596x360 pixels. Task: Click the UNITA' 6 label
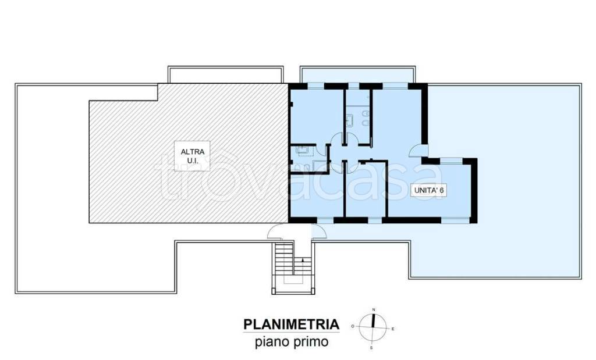pyautogui.click(x=429, y=190)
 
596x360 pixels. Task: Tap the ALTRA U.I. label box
pyautogui.click(x=192, y=156)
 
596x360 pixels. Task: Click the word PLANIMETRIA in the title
pyautogui.click(x=291, y=325)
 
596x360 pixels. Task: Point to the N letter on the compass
pyautogui.click(x=374, y=310)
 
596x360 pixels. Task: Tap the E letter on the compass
pyautogui.click(x=393, y=329)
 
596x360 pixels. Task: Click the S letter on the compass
pyautogui.click(x=371, y=347)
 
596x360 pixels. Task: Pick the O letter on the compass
pyautogui.click(x=353, y=326)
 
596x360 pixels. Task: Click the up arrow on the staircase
pyautogui.click(x=302, y=261)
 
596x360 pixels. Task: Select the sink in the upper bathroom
pyautogui.click(x=349, y=121)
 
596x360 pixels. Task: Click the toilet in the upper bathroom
pyautogui.click(x=366, y=113)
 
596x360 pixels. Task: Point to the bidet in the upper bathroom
pyautogui.click(x=366, y=123)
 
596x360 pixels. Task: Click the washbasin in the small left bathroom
pyautogui.click(x=303, y=149)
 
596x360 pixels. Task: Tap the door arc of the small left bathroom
pyautogui.click(x=321, y=151)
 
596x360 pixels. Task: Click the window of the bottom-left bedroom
pyautogui.click(x=325, y=220)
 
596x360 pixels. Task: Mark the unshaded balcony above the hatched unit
pyautogui.click(x=225, y=75)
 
